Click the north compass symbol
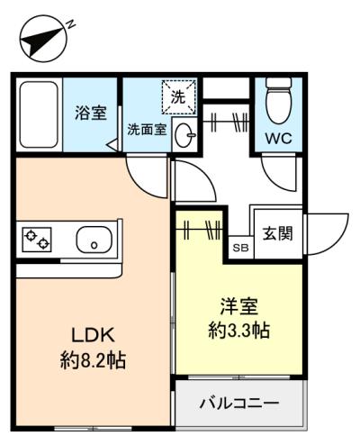tap(44, 39)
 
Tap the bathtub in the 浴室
tap(39, 114)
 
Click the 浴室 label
tap(91, 114)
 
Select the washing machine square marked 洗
tap(179, 96)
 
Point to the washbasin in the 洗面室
tap(184, 135)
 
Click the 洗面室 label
tap(147, 130)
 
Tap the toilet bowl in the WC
tap(279, 101)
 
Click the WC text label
tap(279, 139)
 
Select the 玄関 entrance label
tap(277, 233)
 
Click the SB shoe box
tap(241, 248)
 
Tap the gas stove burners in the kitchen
tap(37, 240)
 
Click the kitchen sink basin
tap(94, 241)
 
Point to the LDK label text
tap(93, 335)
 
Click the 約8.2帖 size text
tap(94, 360)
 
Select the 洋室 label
tap(239, 306)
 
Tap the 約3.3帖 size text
tap(239, 330)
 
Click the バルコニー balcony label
tap(239, 403)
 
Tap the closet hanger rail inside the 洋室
tap(199, 230)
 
